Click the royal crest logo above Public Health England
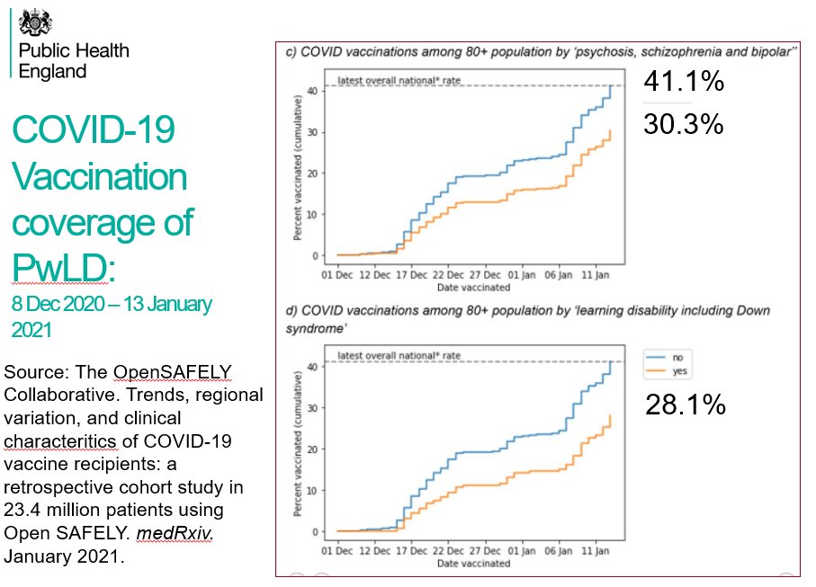tap(37, 21)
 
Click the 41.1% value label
tap(684, 83)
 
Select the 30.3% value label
tap(684, 125)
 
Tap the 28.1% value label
tap(685, 406)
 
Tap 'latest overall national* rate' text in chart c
tap(399, 81)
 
